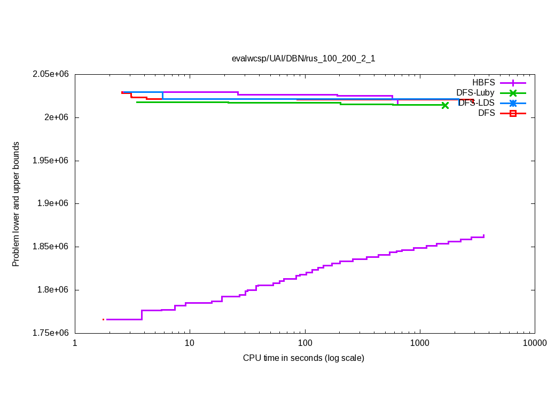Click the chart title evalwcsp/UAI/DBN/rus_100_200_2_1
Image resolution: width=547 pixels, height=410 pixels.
coord(303,59)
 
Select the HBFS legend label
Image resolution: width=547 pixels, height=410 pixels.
coord(483,83)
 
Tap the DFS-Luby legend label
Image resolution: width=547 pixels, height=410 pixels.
coord(475,93)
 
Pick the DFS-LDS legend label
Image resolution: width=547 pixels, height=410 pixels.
coord(476,103)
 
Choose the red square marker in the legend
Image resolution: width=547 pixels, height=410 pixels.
coord(513,113)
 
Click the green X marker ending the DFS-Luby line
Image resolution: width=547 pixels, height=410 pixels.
coord(445,105)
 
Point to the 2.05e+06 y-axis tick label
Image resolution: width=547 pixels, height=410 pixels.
coord(51,74)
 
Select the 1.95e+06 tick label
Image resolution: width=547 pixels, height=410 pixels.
coord(51,161)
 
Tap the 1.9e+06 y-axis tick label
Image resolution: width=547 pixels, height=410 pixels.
coord(54,203)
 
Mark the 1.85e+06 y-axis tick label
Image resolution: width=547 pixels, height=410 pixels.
coord(51,247)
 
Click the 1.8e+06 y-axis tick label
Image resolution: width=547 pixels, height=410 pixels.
coord(54,290)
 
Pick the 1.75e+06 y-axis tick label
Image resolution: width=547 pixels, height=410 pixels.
coord(51,333)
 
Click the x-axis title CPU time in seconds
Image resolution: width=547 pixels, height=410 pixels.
coord(303,358)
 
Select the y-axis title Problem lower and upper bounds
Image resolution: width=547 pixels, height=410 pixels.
coord(16,204)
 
